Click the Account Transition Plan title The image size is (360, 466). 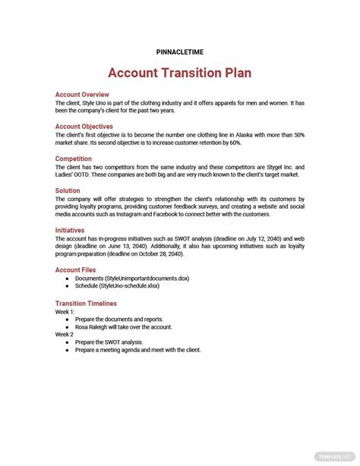click(x=179, y=73)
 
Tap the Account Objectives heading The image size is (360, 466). click(x=84, y=127)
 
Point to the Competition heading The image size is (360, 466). click(x=74, y=159)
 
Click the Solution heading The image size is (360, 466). click(x=68, y=190)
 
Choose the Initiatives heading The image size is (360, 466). click(x=70, y=230)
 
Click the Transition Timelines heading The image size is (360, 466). click(x=86, y=303)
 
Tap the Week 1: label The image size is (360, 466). click(x=65, y=311)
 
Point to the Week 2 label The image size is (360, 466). click(x=65, y=334)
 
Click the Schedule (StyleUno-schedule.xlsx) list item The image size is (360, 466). click(x=117, y=285)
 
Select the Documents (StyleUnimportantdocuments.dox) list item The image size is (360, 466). click(x=132, y=279)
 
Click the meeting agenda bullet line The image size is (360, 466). click(x=144, y=350)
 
